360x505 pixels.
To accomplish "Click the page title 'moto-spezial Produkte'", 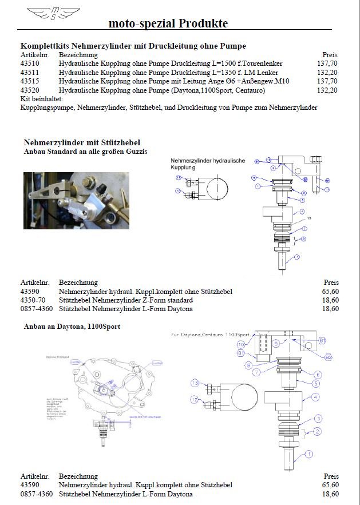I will pyautogui.click(x=168, y=23).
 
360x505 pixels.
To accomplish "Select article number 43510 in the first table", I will pyautogui.click(x=30, y=63).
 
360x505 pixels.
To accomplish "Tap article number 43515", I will pyautogui.click(x=30, y=82).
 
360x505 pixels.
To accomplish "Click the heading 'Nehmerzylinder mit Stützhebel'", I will pyautogui.click(x=82, y=142).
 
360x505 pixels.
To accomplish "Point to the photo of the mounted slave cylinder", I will pyautogui.click(x=76, y=200).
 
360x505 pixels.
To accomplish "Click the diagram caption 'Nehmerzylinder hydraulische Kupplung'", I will pyautogui.click(x=208, y=164).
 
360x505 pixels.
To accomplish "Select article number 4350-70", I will pyautogui.click(x=33, y=300).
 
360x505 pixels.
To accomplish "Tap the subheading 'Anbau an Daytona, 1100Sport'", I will pyautogui.click(x=72, y=326).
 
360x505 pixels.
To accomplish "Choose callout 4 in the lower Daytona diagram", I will pyautogui.click(x=315, y=396).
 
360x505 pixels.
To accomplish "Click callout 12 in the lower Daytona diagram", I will pyautogui.click(x=195, y=399).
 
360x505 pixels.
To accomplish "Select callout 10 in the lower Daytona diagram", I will pyautogui.click(x=242, y=344).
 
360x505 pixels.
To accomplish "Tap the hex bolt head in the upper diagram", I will pyautogui.click(x=317, y=158).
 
